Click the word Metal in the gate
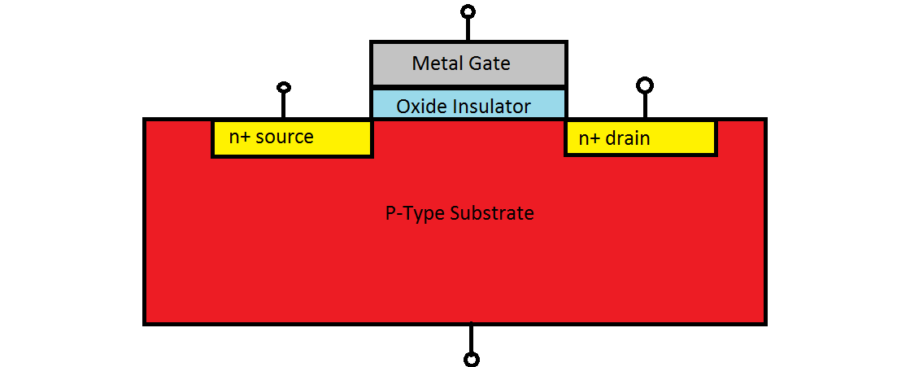click(433, 63)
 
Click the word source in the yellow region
click(285, 137)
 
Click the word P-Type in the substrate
click(412, 213)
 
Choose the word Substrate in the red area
click(492, 213)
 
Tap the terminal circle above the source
click(283, 87)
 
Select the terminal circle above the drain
click(645, 85)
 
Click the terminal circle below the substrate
click(471, 359)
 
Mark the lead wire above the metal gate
click(468, 29)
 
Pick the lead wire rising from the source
click(283, 105)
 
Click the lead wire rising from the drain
click(645, 105)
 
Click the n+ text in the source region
click(239, 137)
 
